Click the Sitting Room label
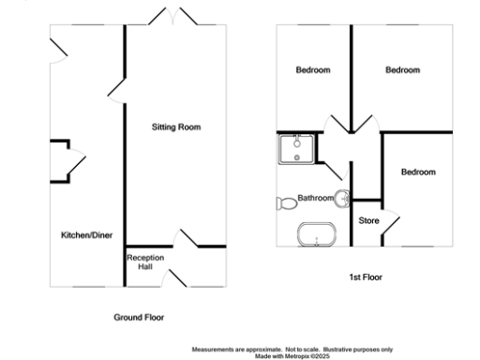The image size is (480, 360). [x=176, y=127]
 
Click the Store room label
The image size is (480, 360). [x=368, y=220]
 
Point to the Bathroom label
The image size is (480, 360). [x=316, y=198]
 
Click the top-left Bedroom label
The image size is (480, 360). [x=313, y=70]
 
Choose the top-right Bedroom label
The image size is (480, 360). [x=403, y=70]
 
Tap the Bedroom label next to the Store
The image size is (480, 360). [x=418, y=172]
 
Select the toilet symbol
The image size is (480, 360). [x=286, y=202]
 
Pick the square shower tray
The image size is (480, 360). [x=296, y=150]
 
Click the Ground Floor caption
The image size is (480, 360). [x=139, y=318]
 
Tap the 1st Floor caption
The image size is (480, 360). [x=365, y=277]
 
